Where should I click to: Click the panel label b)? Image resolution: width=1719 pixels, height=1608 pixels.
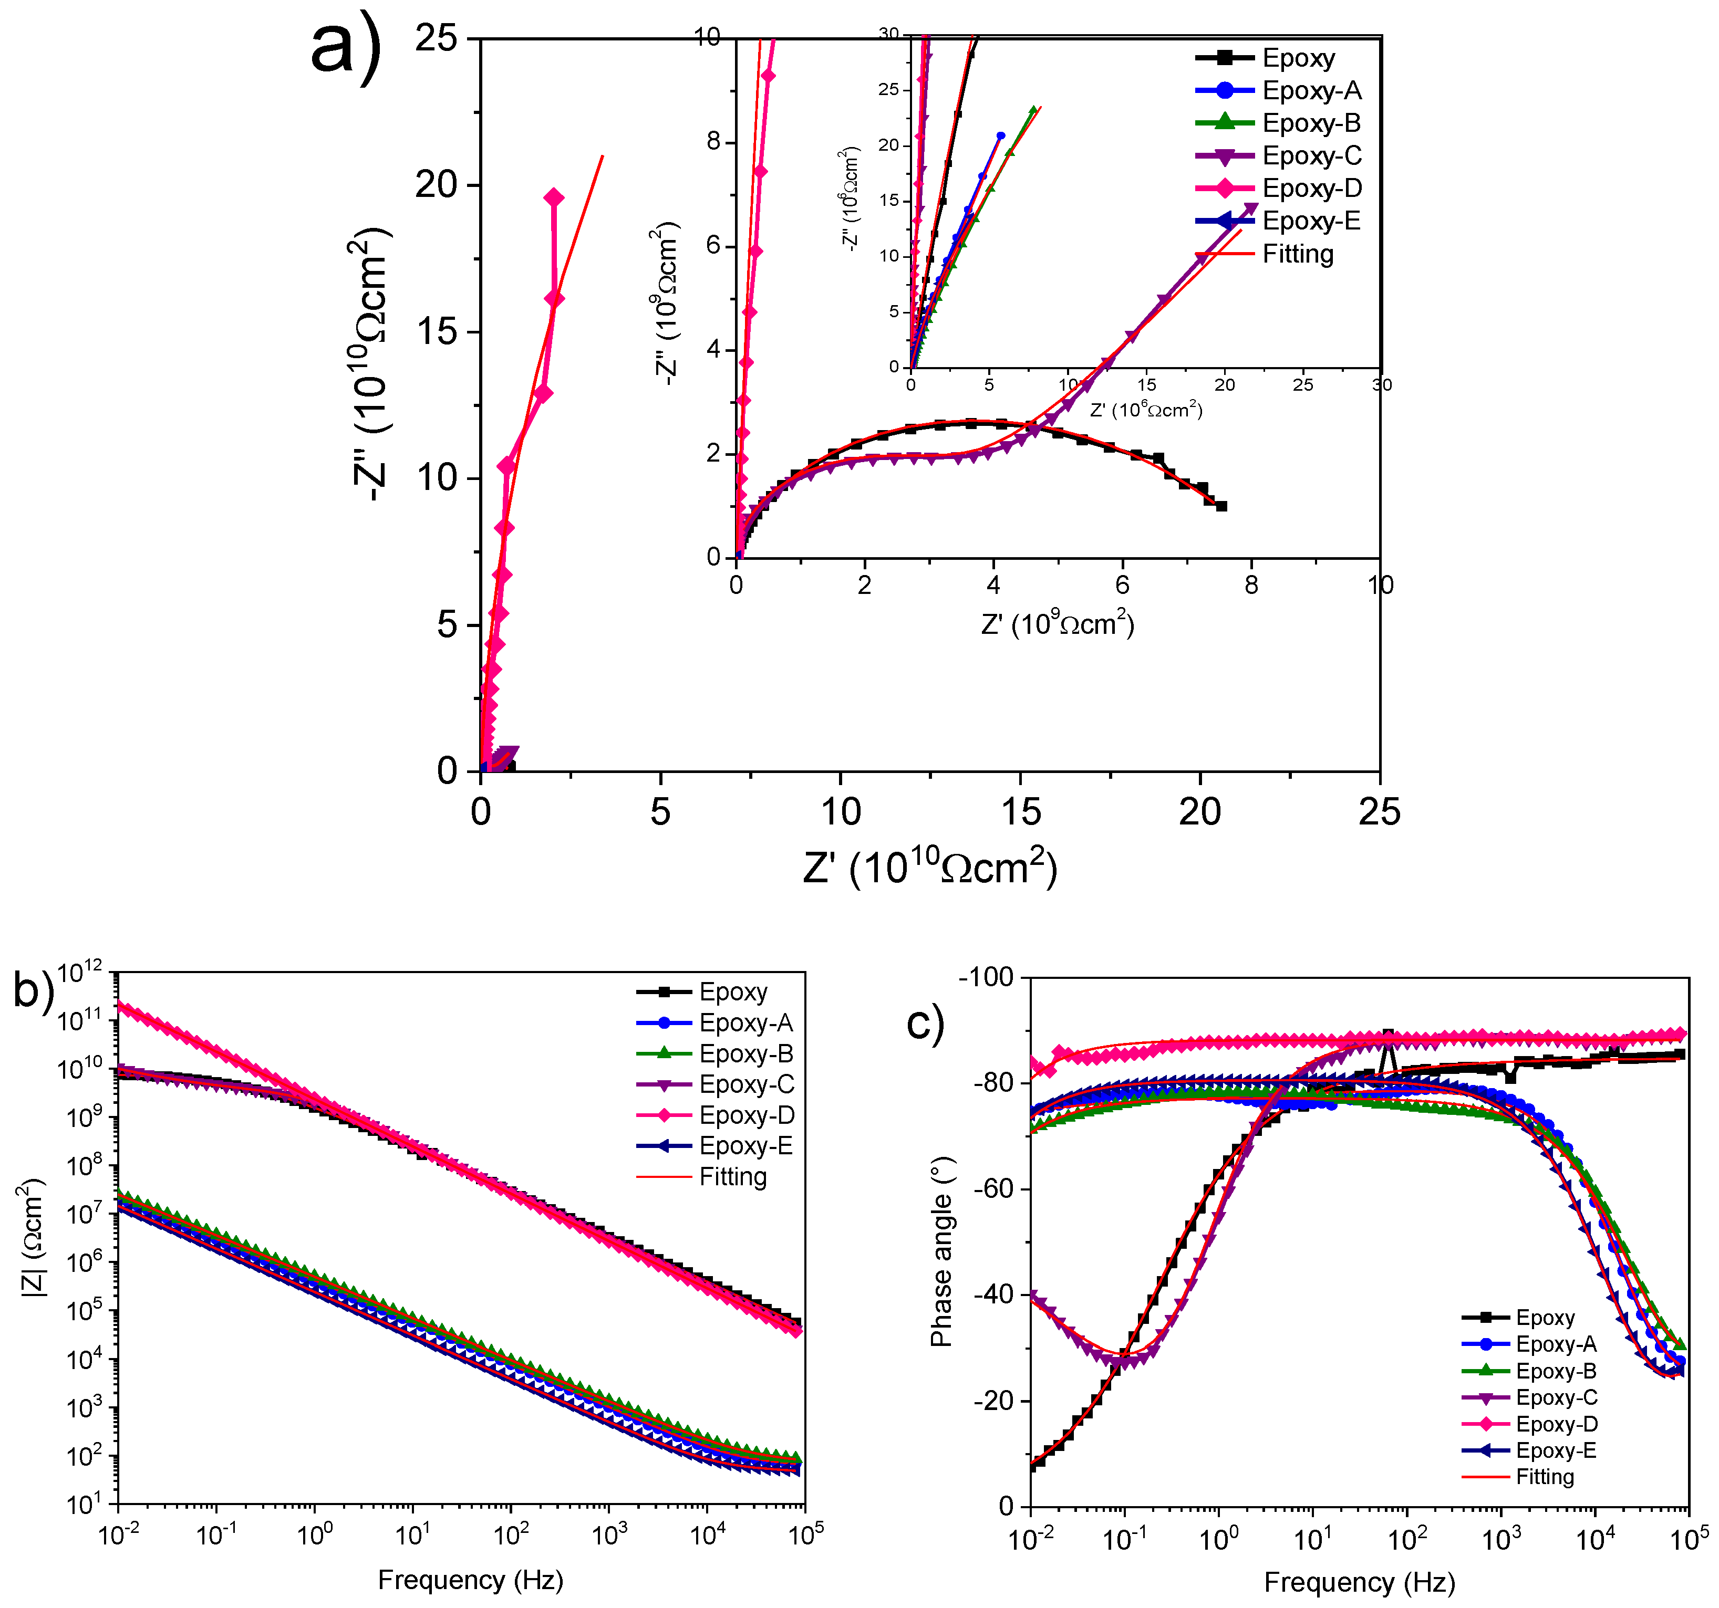pos(33,990)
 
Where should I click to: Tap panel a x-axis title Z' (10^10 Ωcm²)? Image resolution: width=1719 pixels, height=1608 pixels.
pos(929,867)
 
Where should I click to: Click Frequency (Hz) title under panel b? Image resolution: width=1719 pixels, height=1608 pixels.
pos(470,1580)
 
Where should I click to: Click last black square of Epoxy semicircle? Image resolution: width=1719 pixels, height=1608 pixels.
pos(1221,506)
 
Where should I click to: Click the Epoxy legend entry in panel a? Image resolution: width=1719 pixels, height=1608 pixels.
pos(1297,58)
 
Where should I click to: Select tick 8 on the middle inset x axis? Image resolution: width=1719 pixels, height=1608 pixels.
pos(1251,586)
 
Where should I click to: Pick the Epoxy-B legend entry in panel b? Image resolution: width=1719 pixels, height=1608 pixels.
pos(745,1054)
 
